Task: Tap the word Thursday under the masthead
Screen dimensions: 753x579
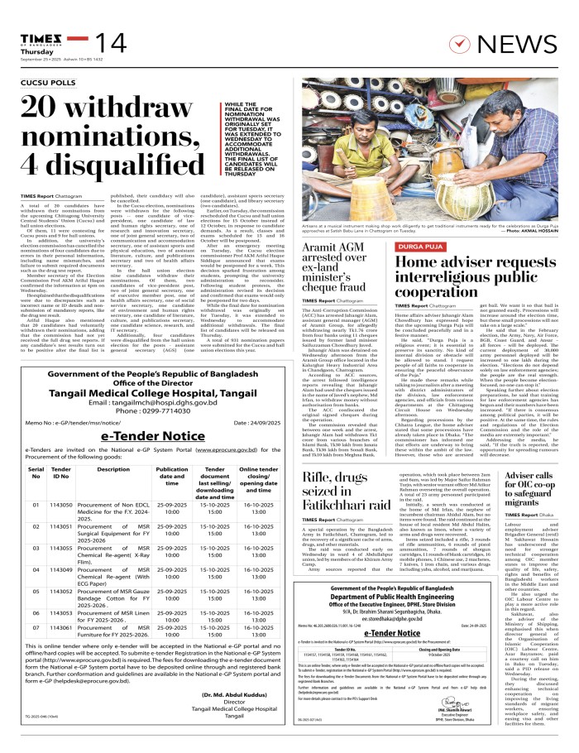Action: [x=30, y=27]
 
